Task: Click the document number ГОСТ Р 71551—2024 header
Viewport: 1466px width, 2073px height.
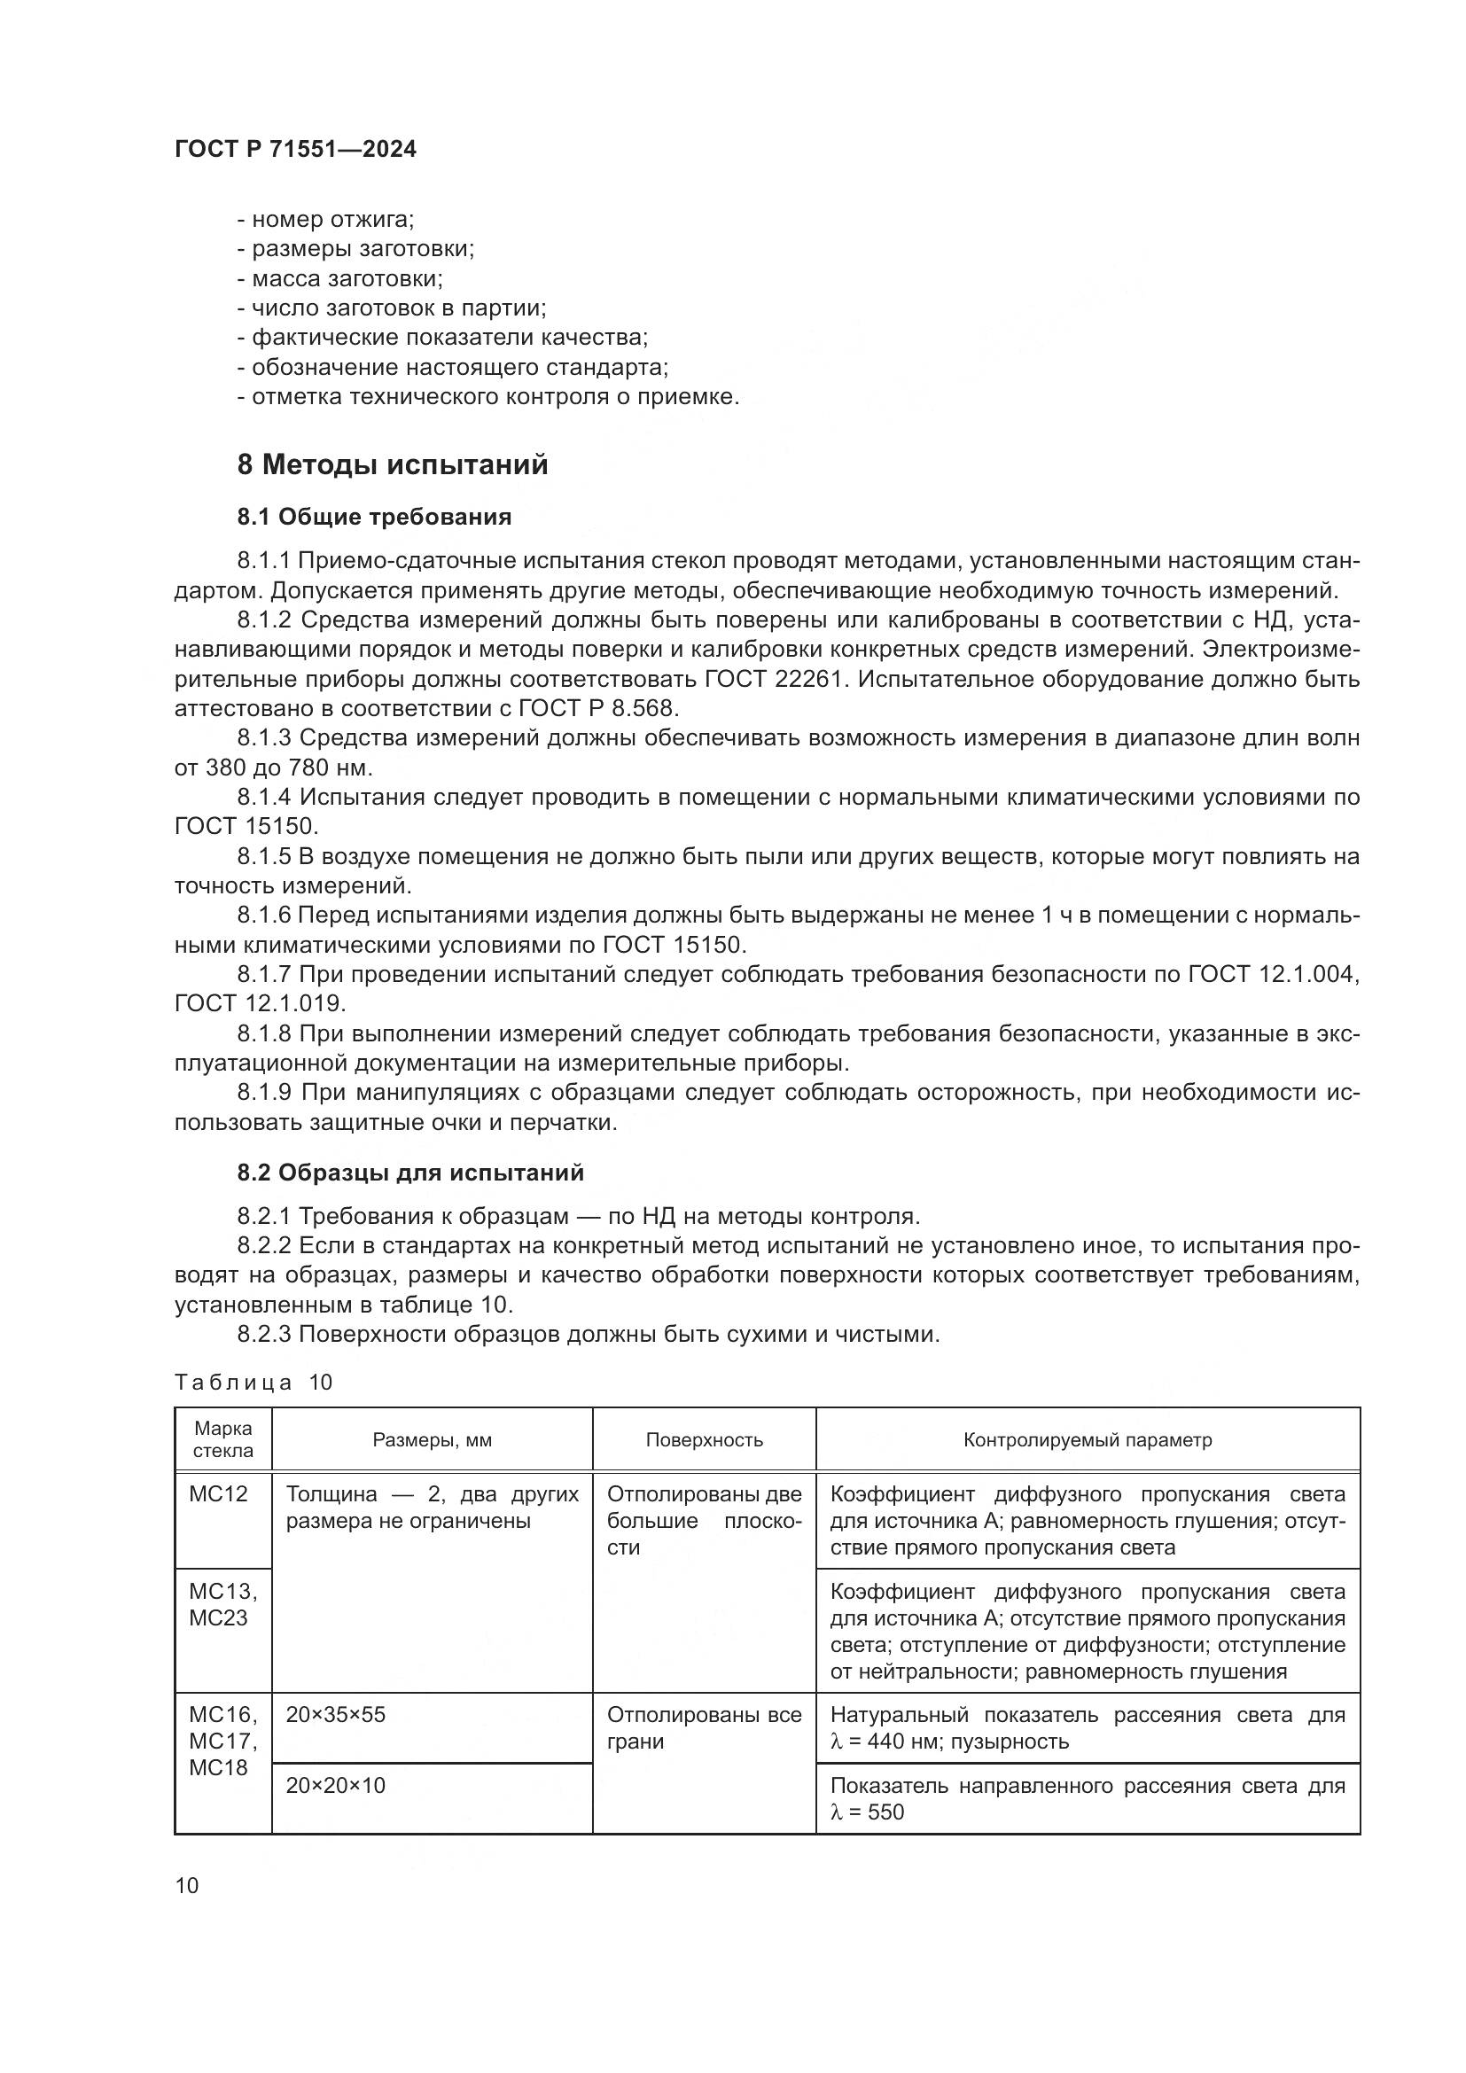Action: tap(295, 150)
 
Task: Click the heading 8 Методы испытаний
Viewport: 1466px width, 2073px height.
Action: tap(393, 465)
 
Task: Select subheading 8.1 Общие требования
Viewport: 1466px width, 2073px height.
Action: tap(374, 518)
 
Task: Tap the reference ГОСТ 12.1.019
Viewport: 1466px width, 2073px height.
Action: tap(260, 1004)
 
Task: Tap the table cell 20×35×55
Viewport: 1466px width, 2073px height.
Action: tap(336, 1715)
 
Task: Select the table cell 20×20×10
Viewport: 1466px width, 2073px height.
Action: tap(336, 1785)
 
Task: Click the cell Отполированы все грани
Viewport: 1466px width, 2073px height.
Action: tap(703, 1727)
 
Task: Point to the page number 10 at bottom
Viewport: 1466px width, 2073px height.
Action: tap(187, 1885)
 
